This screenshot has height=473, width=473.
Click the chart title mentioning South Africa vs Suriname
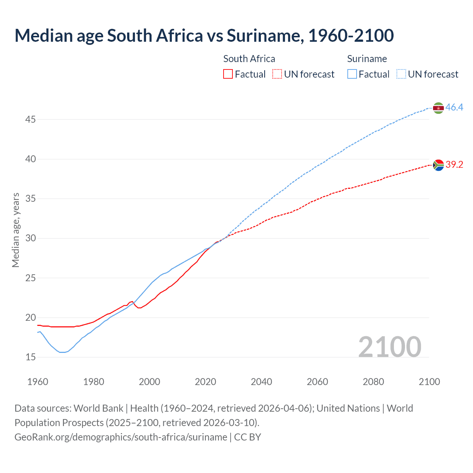tap(204, 36)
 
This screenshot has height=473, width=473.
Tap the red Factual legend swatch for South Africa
tap(228, 74)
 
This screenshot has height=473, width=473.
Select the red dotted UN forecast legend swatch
tap(277, 74)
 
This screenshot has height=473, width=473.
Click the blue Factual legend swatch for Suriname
tap(352, 74)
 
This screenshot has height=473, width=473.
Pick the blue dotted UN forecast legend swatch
tap(401, 74)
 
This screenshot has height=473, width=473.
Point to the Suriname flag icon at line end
tap(438, 108)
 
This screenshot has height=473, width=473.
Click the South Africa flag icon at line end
tap(438, 165)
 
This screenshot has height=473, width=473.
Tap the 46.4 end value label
tap(454, 108)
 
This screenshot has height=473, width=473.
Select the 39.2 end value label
tap(454, 165)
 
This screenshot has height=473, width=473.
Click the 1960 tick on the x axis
tap(38, 382)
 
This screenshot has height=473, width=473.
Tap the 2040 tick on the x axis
tap(261, 382)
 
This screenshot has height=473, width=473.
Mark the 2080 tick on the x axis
tap(373, 382)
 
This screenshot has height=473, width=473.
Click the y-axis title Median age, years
tap(16, 230)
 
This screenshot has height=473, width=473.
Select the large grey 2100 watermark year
tap(389, 347)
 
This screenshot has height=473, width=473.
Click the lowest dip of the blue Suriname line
tap(62, 352)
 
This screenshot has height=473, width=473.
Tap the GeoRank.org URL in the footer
tap(121, 437)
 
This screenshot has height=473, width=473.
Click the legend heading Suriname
tap(367, 59)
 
